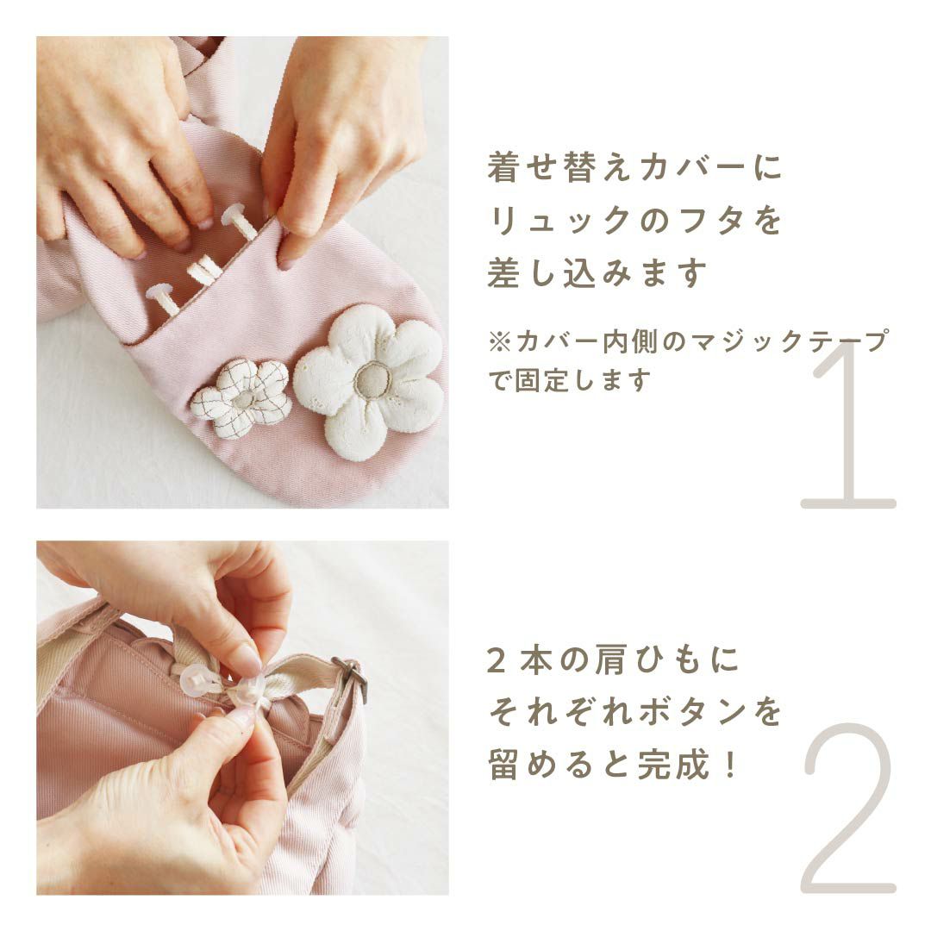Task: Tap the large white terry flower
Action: pos(369,383)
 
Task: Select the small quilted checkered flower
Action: pos(242,397)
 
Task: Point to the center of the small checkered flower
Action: pos(243,398)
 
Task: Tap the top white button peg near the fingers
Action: pos(238,220)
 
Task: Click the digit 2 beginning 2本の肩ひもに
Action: pos(497,660)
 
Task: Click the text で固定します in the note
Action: pos(570,380)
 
